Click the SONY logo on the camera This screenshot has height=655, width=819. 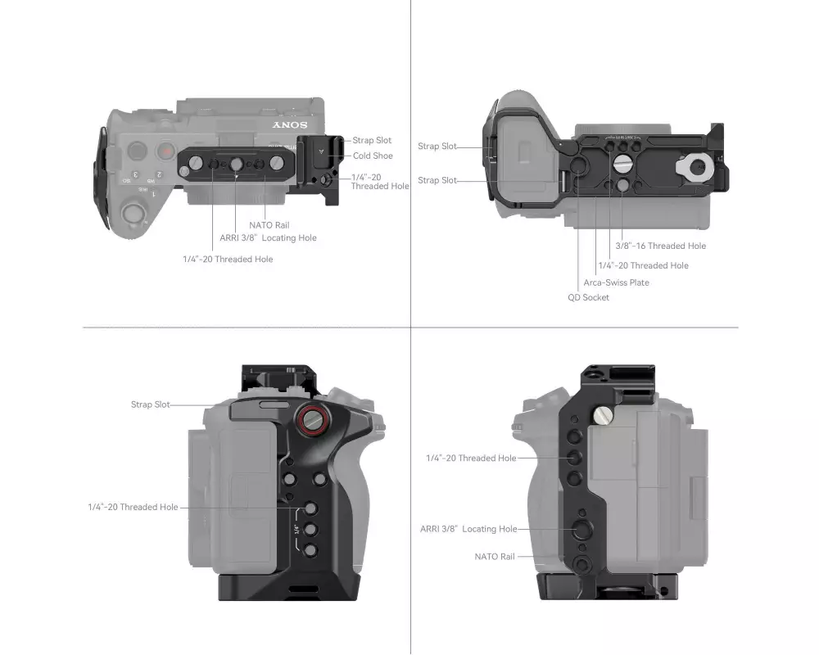point(290,124)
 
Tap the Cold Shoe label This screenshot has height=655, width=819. point(373,156)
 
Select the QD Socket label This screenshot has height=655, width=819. point(588,297)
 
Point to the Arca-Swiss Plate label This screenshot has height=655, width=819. point(617,282)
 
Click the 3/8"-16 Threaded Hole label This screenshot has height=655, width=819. point(660,246)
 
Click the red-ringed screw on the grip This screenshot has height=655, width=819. point(313,419)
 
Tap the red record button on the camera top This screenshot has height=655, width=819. point(165,151)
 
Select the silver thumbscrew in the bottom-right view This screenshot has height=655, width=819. point(603,415)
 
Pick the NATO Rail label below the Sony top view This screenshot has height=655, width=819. point(269,225)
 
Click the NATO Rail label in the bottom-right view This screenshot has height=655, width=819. point(494,557)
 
